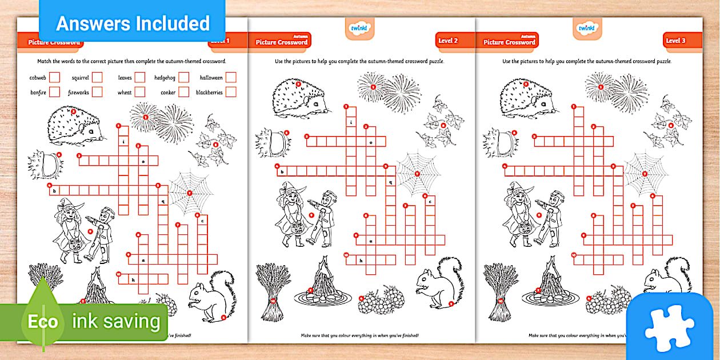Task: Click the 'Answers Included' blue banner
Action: (133, 23)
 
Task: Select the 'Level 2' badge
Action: (447, 41)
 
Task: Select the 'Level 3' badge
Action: (675, 41)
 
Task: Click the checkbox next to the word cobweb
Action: (54, 77)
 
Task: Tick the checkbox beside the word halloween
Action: (231, 77)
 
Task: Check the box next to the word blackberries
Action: (231, 92)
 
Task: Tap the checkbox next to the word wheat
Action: (140, 92)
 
